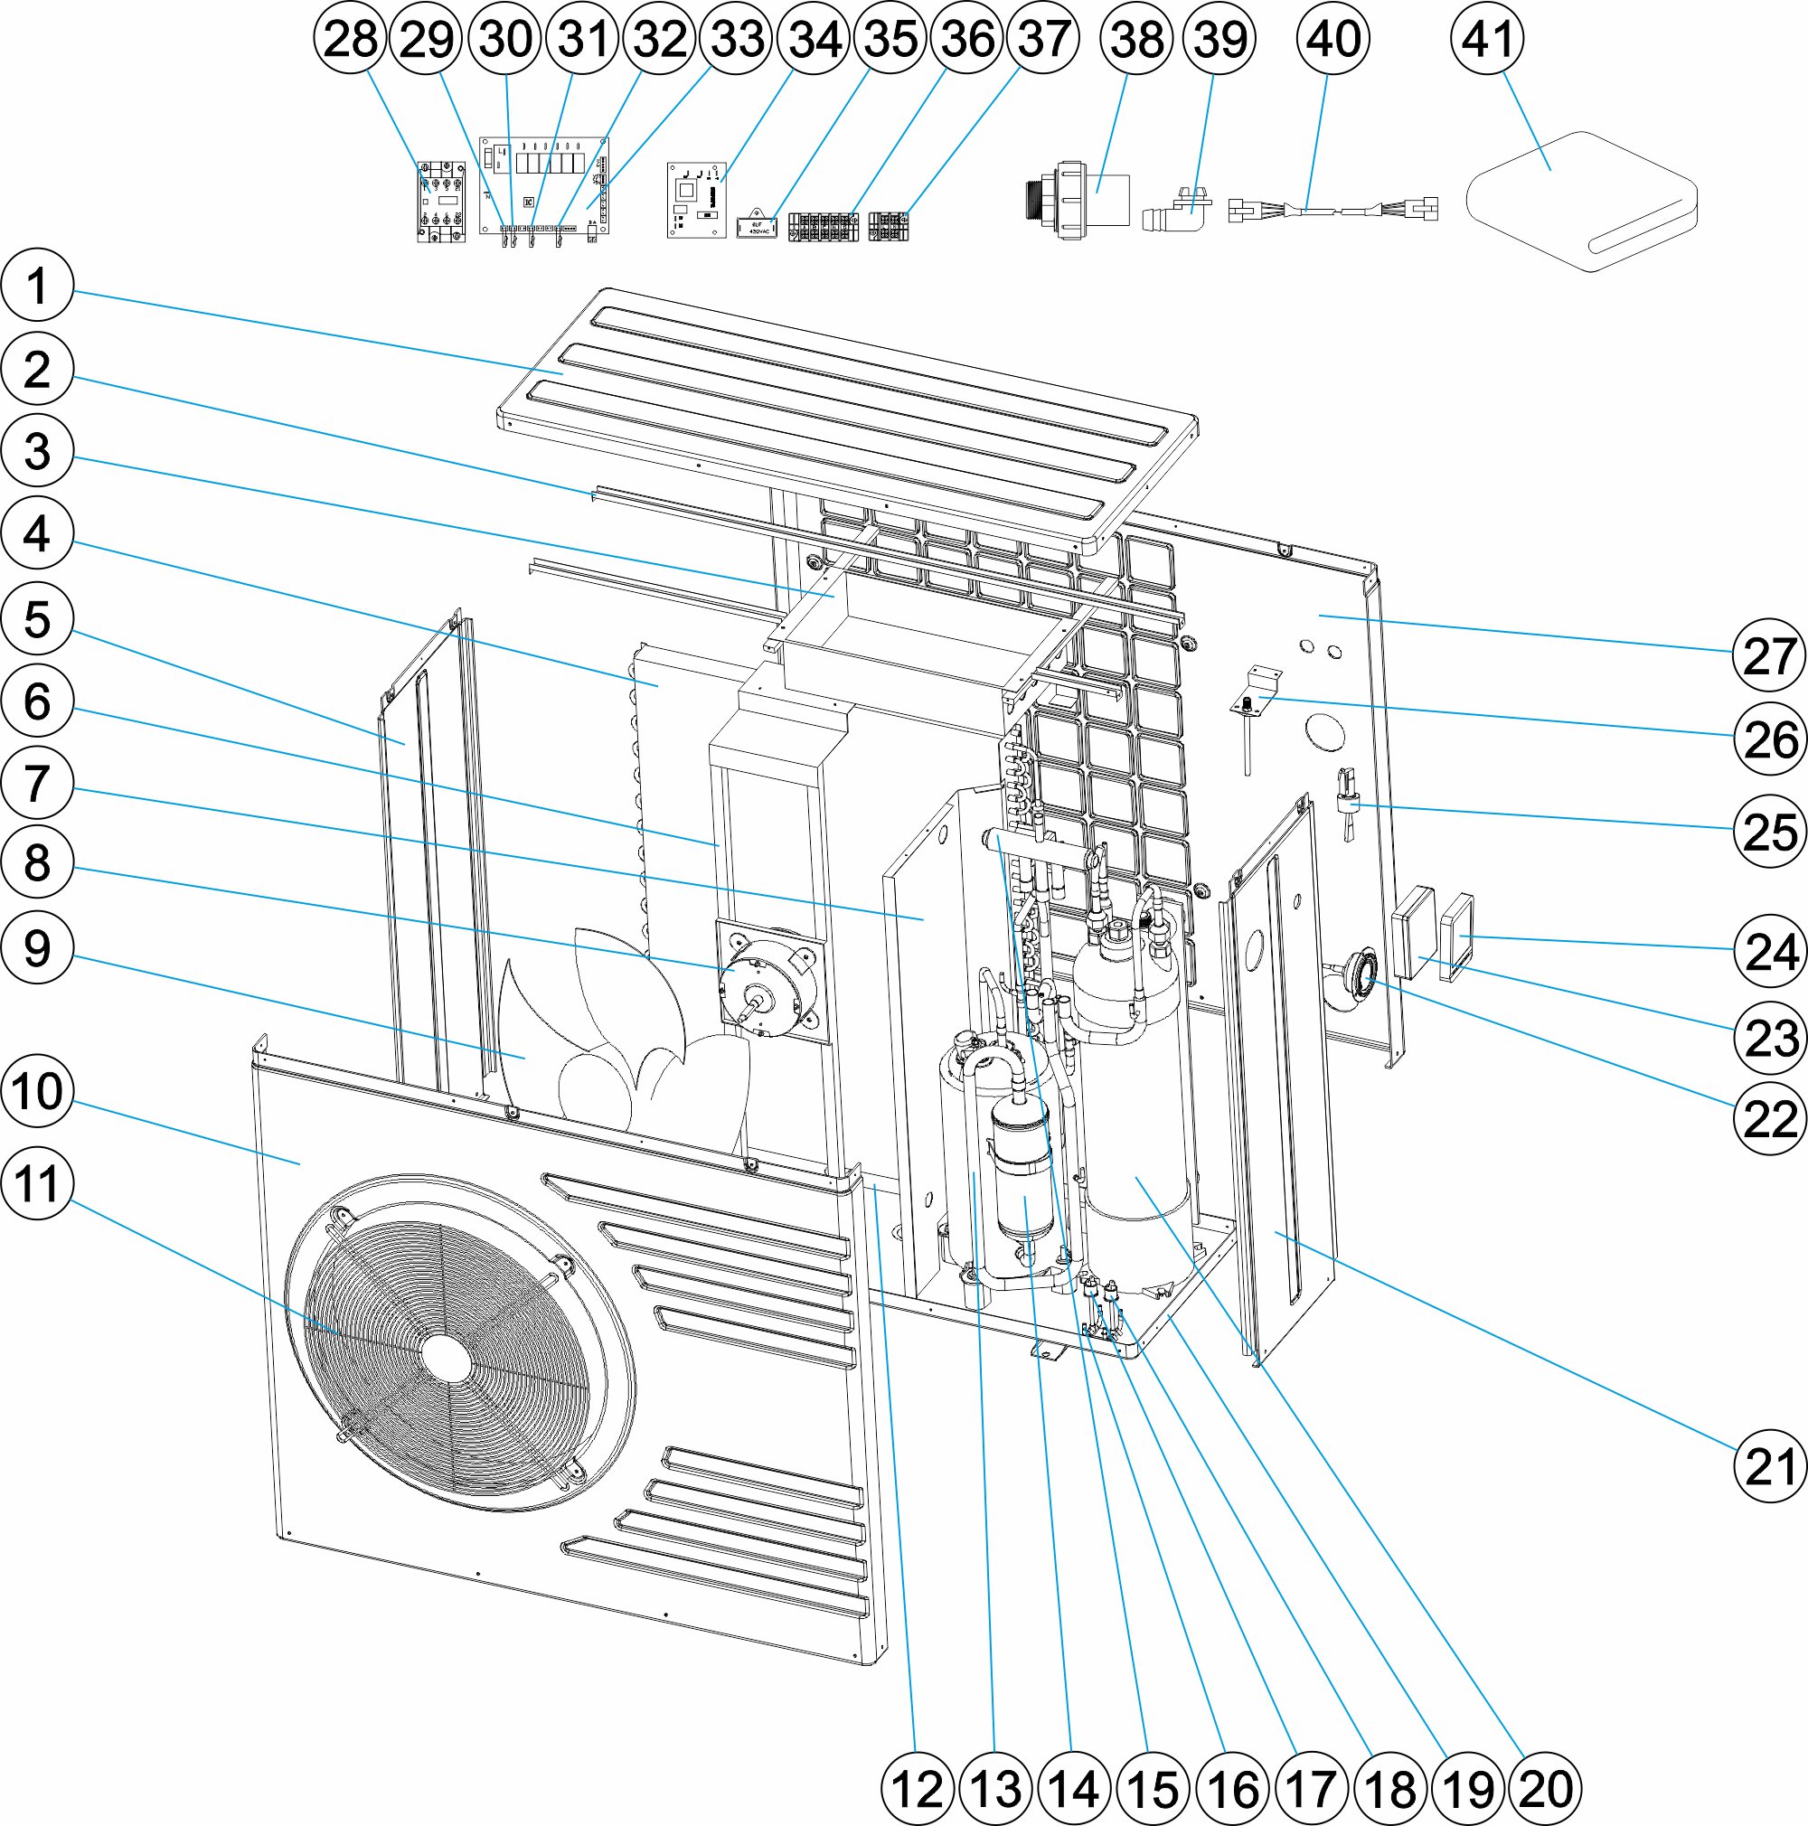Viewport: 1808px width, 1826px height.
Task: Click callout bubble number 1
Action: pos(38,286)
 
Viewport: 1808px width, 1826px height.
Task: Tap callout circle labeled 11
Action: pos(38,1183)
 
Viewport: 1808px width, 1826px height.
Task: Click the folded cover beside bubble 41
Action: pos(1580,201)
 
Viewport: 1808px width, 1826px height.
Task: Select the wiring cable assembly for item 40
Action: pos(1332,209)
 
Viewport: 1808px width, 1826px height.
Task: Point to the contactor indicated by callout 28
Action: pos(441,202)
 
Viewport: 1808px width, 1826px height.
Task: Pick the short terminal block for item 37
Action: pos(889,226)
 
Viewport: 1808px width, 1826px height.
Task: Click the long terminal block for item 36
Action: pos(823,227)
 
